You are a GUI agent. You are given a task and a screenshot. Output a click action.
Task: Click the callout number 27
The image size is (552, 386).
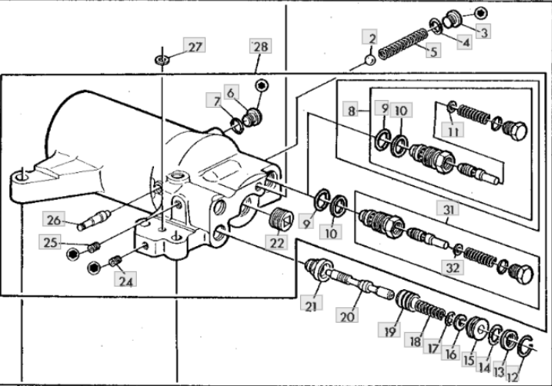(195, 46)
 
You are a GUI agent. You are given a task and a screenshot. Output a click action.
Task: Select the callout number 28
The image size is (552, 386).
(260, 46)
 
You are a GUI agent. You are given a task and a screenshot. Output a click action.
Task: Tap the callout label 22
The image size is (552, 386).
(277, 243)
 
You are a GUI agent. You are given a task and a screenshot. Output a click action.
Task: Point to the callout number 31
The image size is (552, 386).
(448, 209)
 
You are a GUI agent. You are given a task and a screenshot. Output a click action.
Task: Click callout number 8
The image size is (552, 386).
(351, 111)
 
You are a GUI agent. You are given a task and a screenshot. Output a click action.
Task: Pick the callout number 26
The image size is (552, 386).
(53, 220)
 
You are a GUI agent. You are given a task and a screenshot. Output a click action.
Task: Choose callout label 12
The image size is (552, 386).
(512, 377)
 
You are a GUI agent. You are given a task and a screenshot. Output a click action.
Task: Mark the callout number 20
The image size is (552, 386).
(347, 316)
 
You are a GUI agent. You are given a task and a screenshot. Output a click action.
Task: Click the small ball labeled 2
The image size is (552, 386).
(370, 60)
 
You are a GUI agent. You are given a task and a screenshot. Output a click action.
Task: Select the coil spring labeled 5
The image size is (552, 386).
(403, 44)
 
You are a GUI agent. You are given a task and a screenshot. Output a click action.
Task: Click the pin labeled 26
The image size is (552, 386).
(94, 220)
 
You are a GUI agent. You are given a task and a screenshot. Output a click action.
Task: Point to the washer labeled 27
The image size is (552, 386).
(162, 59)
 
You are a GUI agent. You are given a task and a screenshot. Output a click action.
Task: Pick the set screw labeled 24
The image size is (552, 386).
(115, 261)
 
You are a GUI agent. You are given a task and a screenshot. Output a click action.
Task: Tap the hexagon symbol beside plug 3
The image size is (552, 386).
(480, 13)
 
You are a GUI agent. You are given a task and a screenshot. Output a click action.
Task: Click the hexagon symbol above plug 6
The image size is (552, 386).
(262, 85)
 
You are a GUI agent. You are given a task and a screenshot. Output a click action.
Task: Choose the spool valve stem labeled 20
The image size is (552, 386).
(358, 284)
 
